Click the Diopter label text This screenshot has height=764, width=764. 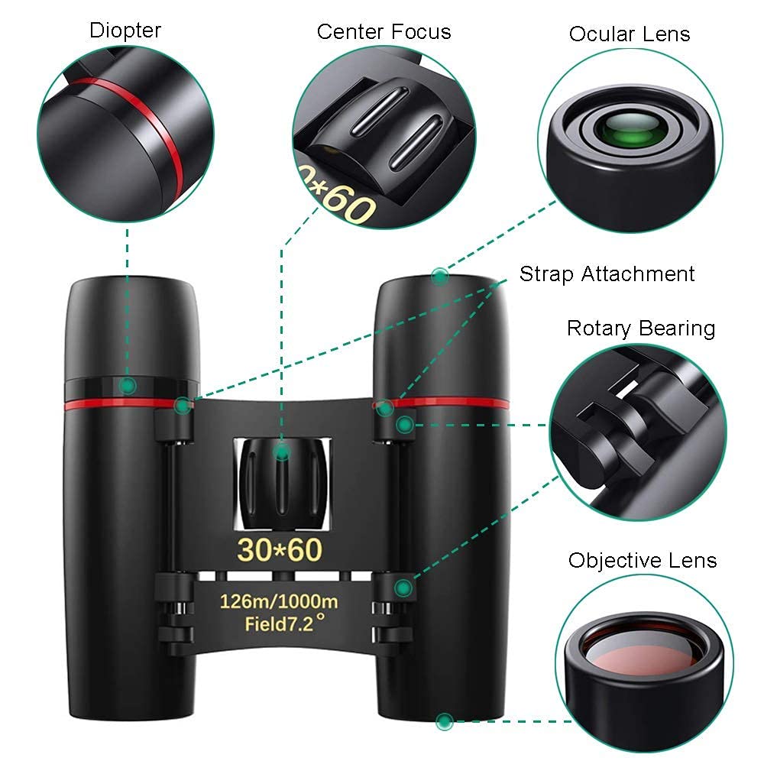(125, 31)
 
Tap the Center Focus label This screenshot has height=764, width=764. (384, 31)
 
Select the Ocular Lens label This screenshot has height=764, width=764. (629, 34)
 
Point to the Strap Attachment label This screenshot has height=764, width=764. (607, 274)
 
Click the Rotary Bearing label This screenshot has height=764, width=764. (641, 329)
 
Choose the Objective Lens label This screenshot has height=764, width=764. (643, 560)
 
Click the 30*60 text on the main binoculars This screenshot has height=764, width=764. (280, 549)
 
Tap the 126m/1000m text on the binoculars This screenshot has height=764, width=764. (280, 601)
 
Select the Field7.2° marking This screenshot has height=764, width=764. (280, 623)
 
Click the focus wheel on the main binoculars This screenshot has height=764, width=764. (281, 481)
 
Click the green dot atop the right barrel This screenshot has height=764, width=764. (439, 277)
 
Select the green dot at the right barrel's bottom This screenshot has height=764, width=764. (444, 720)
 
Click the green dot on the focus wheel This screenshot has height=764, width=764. (282, 452)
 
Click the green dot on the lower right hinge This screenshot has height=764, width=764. (403, 587)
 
